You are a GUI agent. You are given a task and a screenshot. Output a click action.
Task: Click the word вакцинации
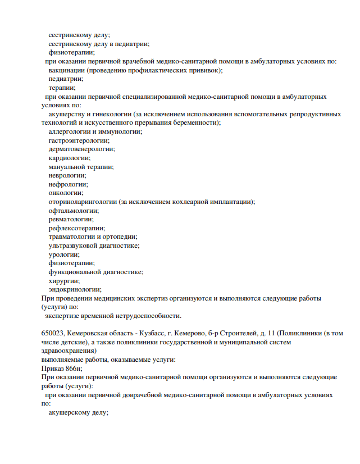click(x=67, y=70)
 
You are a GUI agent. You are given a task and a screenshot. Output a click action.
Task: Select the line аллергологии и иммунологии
click(x=95, y=131)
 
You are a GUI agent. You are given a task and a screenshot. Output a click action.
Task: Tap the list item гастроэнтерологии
click(x=79, y=140)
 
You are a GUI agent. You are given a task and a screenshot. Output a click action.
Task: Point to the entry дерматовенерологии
click(x=82, y=149)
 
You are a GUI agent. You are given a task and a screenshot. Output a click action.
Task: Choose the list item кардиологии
click(x=69, y=158)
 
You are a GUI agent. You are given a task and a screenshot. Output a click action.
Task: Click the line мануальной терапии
click(x=81, y=167)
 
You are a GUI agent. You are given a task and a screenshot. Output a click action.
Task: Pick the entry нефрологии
click(x=69, y=184)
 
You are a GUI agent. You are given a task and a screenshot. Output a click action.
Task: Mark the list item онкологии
click(x=66, y=193)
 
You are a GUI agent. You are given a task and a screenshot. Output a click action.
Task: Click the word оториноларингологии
click(x=83, y=202)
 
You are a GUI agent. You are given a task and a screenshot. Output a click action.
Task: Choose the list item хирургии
click(x=64, y=280)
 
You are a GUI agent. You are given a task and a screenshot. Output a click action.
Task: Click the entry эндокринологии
click(x=75, y=289)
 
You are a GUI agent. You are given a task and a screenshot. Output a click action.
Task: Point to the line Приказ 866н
click(x=62, y=368)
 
